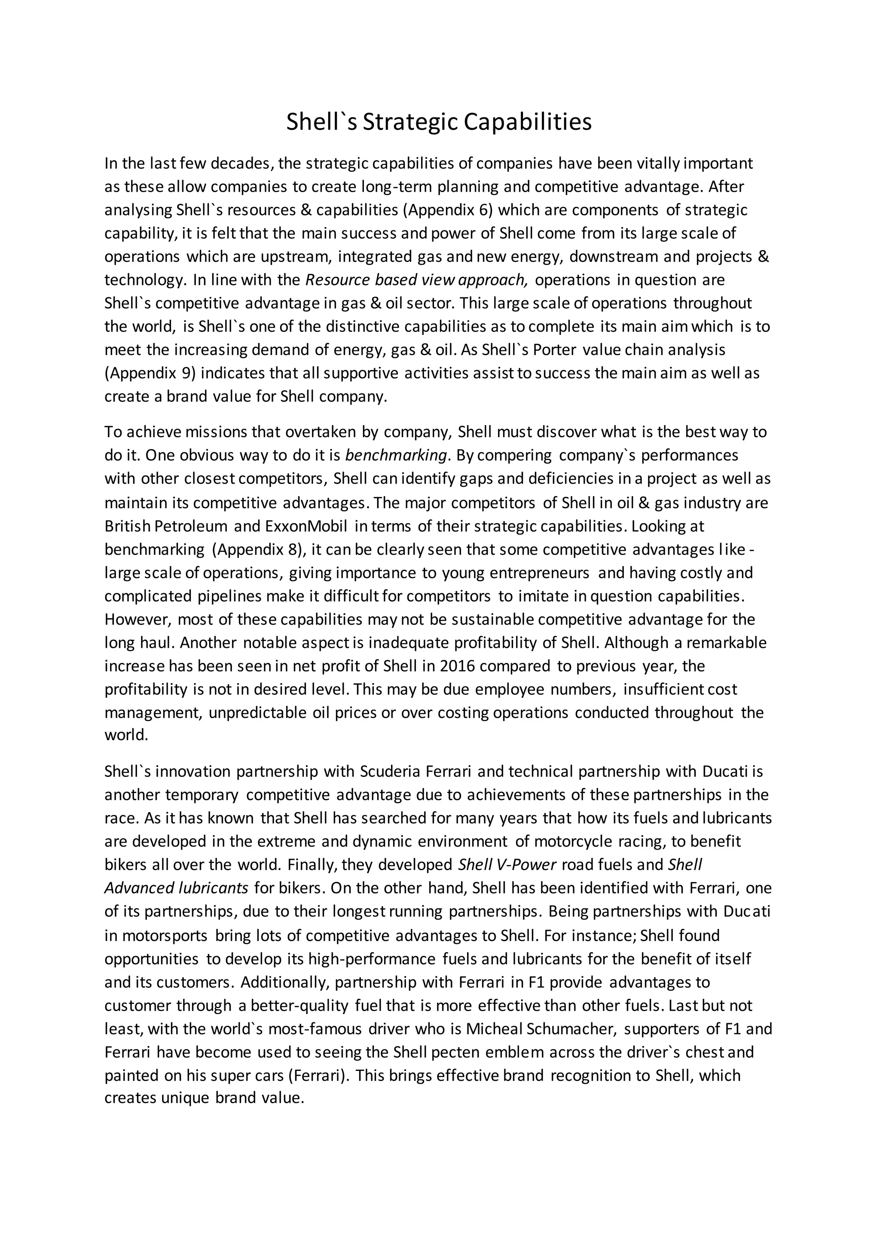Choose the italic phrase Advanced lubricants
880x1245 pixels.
pos(176,888)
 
